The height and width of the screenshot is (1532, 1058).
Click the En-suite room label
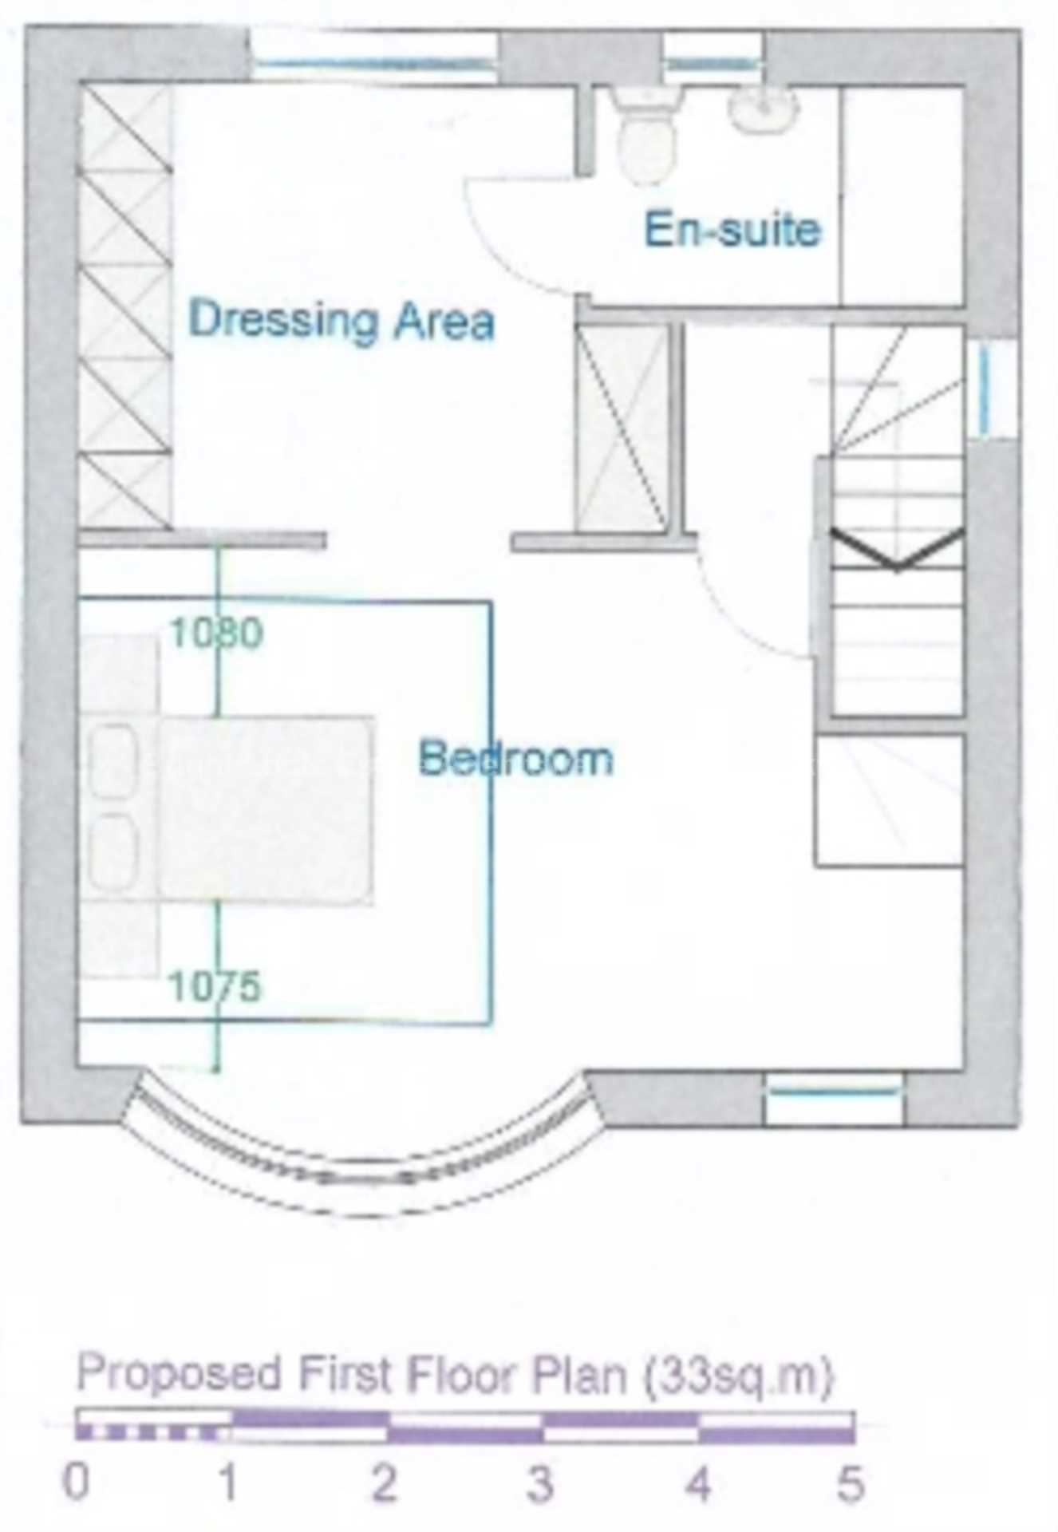tap(732, 231)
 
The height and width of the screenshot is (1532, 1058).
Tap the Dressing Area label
tap(341, 320)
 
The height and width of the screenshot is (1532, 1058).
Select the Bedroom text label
tap(516, 758)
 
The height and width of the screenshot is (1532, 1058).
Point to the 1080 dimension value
tap(216, 633)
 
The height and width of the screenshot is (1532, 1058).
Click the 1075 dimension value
tap(215, 986)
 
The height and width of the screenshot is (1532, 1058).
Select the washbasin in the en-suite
tap(763, 110)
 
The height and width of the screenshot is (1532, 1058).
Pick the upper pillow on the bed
tap(114, 761)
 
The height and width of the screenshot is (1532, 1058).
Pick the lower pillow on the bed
tap(114, 851)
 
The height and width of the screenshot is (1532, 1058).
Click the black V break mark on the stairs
tap(897, 551)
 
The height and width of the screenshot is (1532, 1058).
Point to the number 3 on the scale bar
tap(540, 1484)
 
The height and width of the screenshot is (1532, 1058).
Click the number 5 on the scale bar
tap(851, 1484)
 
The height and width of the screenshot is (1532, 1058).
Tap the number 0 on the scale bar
tap(76, 1484)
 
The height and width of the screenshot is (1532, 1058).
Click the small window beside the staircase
tap(985, 391)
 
